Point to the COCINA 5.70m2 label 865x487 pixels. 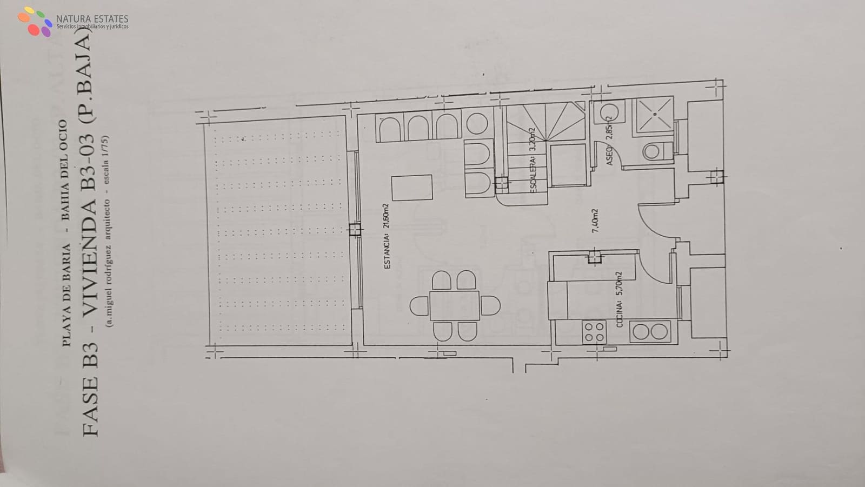620,299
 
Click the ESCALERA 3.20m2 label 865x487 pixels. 533,161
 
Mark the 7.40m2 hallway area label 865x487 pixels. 595,221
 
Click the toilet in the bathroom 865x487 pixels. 655,151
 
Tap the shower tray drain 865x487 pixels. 655,114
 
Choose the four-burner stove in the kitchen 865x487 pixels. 594,332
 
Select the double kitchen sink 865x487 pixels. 649,332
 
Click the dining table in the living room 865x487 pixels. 454,306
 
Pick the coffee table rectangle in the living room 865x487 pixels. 412,188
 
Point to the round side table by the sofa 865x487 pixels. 477,123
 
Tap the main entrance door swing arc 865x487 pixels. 655,219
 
